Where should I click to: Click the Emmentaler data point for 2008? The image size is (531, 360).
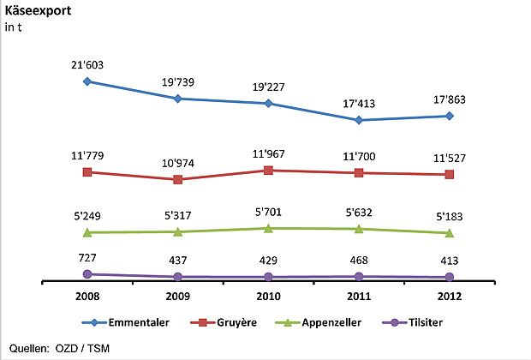point(87,81)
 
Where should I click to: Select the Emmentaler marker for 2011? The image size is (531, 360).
point(359,120)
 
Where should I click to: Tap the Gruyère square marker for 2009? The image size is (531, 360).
point(177,179)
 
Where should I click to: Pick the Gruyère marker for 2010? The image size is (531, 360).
point(268,171)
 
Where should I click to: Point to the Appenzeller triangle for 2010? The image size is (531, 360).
point(268,227)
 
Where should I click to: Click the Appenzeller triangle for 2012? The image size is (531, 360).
point(450,232)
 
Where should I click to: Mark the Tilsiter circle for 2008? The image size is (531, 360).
point(87,274)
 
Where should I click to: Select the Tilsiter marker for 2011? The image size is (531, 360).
point(359,276)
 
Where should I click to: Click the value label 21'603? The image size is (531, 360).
point(87,64)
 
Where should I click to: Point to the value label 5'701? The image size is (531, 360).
point(268,211)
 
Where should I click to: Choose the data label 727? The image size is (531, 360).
point(87,257)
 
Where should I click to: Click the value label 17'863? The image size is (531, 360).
point(450,99)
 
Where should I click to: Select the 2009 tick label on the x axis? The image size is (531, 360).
point(177,297)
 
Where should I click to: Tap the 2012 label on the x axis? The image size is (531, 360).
point(450,297)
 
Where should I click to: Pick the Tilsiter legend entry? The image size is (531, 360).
point(420,323)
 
